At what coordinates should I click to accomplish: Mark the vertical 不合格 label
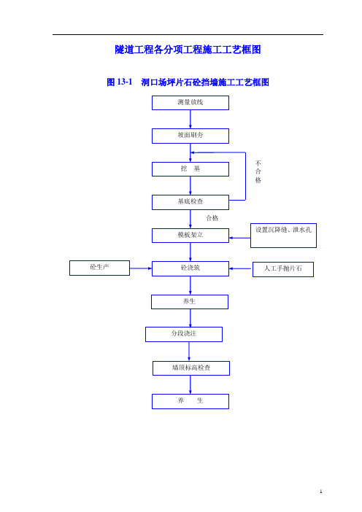click(x=258, y=171)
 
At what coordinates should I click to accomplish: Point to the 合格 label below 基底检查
click(x=212, y=218)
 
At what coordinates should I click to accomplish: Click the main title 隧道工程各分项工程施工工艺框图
click(x=188, y=50)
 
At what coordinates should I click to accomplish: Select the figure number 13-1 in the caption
click(x=125, y=82)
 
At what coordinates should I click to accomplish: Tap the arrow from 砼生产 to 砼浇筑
click(x=141, y=268)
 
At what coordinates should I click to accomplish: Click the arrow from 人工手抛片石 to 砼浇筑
click(x=241, y=268)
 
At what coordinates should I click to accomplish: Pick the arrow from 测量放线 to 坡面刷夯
click(x=190, y=119)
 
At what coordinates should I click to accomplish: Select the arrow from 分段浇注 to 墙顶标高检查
click(x=189, y=352)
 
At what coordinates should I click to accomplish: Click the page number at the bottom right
click(x=321, y=492)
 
